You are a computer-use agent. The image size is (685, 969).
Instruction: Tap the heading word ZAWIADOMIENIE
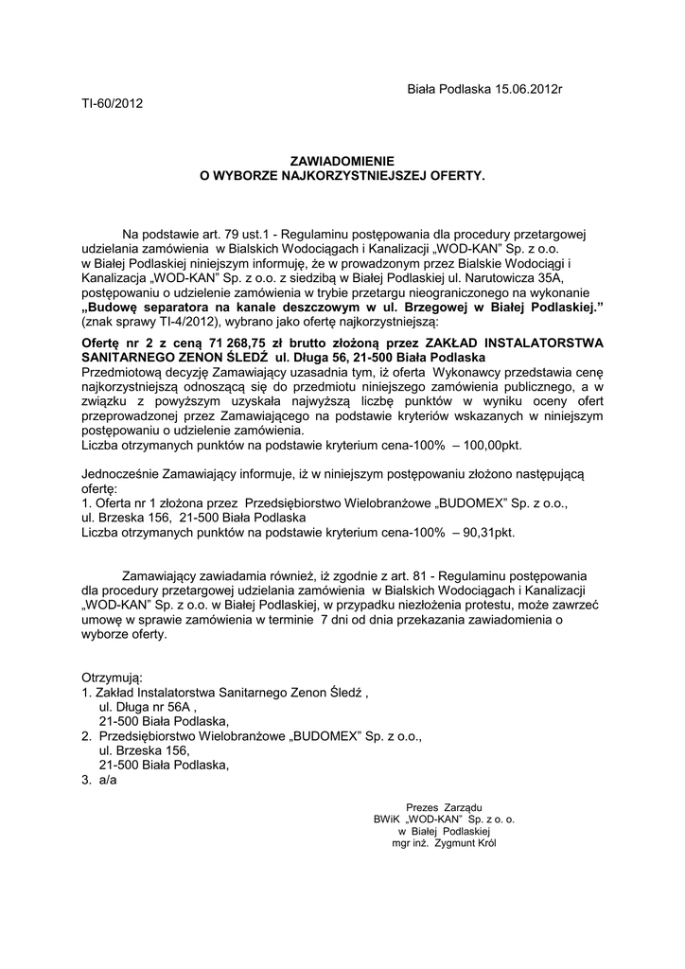pyautogui.click(x=342, y=162)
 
